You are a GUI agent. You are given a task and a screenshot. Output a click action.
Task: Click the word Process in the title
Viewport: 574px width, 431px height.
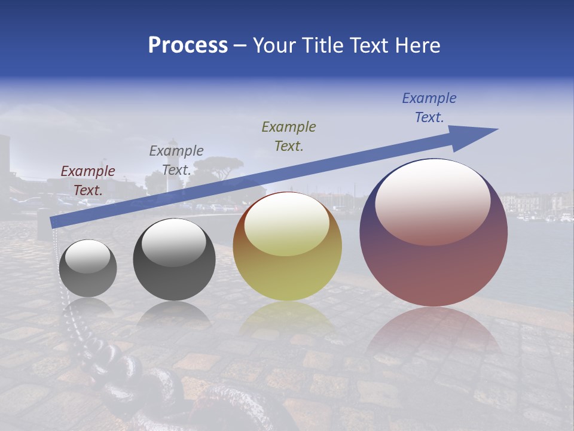pos(188,45)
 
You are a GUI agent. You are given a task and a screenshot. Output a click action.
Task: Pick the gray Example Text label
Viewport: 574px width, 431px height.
pos(176,160)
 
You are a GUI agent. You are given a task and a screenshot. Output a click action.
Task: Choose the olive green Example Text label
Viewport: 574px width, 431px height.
pos(289,136)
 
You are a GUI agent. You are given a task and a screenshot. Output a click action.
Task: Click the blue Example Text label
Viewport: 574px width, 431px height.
pos(429,108)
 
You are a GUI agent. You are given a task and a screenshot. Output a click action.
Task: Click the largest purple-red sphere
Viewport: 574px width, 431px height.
pos(433,263)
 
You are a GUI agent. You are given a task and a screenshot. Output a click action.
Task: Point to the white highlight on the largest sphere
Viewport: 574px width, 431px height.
pos(432,201)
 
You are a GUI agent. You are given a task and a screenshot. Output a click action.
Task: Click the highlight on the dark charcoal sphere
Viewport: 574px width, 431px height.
pos(173,242)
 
